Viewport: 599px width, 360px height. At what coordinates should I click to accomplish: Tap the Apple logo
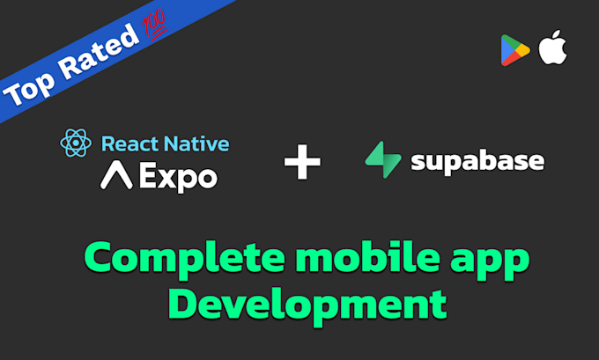(553, 48)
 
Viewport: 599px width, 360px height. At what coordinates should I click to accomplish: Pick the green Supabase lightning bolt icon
(382, 161)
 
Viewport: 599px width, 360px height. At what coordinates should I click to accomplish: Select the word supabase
(477, 162)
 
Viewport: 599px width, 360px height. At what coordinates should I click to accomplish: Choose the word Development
(307, 305)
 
